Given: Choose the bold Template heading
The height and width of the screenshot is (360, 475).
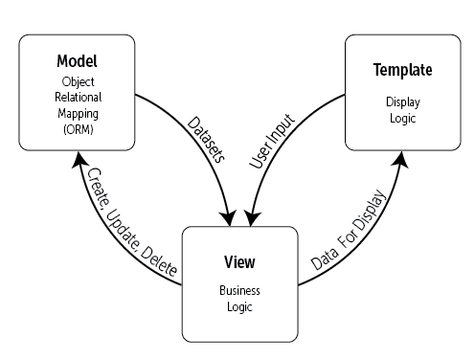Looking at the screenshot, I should pyautogui.click(x=401, y=71).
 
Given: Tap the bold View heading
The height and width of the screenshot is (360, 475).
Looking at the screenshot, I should pyautogui.click(x=238, y=261).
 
